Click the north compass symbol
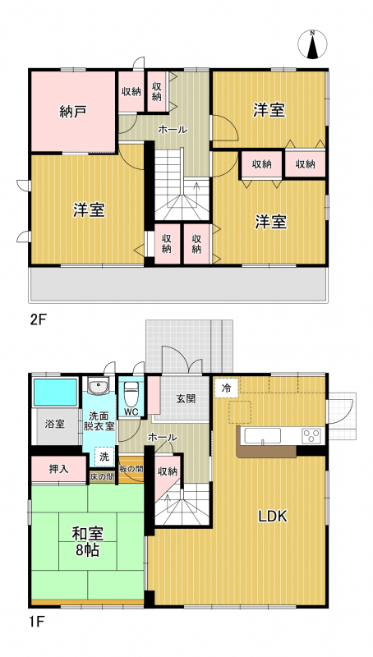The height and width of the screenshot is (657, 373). tap(312, 44)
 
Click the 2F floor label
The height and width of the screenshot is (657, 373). tap(36, 320)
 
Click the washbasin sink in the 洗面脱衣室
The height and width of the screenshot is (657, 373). tap(99, 385)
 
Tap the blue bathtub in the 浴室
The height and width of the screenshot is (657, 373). tap(55, 393)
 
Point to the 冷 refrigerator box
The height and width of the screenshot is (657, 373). tap(226, 388)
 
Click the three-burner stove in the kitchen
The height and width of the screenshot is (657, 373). tap(312, 435)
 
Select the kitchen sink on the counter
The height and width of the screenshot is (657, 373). tap(263, 436)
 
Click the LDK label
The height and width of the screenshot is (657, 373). tap(273, 517)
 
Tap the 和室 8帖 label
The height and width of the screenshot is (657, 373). tap(87, 542)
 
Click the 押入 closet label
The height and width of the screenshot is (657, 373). tap(58, 470)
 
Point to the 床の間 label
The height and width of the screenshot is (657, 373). tap(102, 477)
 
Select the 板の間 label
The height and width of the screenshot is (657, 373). tap(131, 468)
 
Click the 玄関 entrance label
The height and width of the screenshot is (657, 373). tap(186, 398)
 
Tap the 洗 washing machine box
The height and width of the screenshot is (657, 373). tap(104, 457)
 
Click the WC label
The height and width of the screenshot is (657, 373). tap(131, 411)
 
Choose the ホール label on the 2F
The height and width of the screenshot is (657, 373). tap(173, 130)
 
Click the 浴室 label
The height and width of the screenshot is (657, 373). tap(55, 424)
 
